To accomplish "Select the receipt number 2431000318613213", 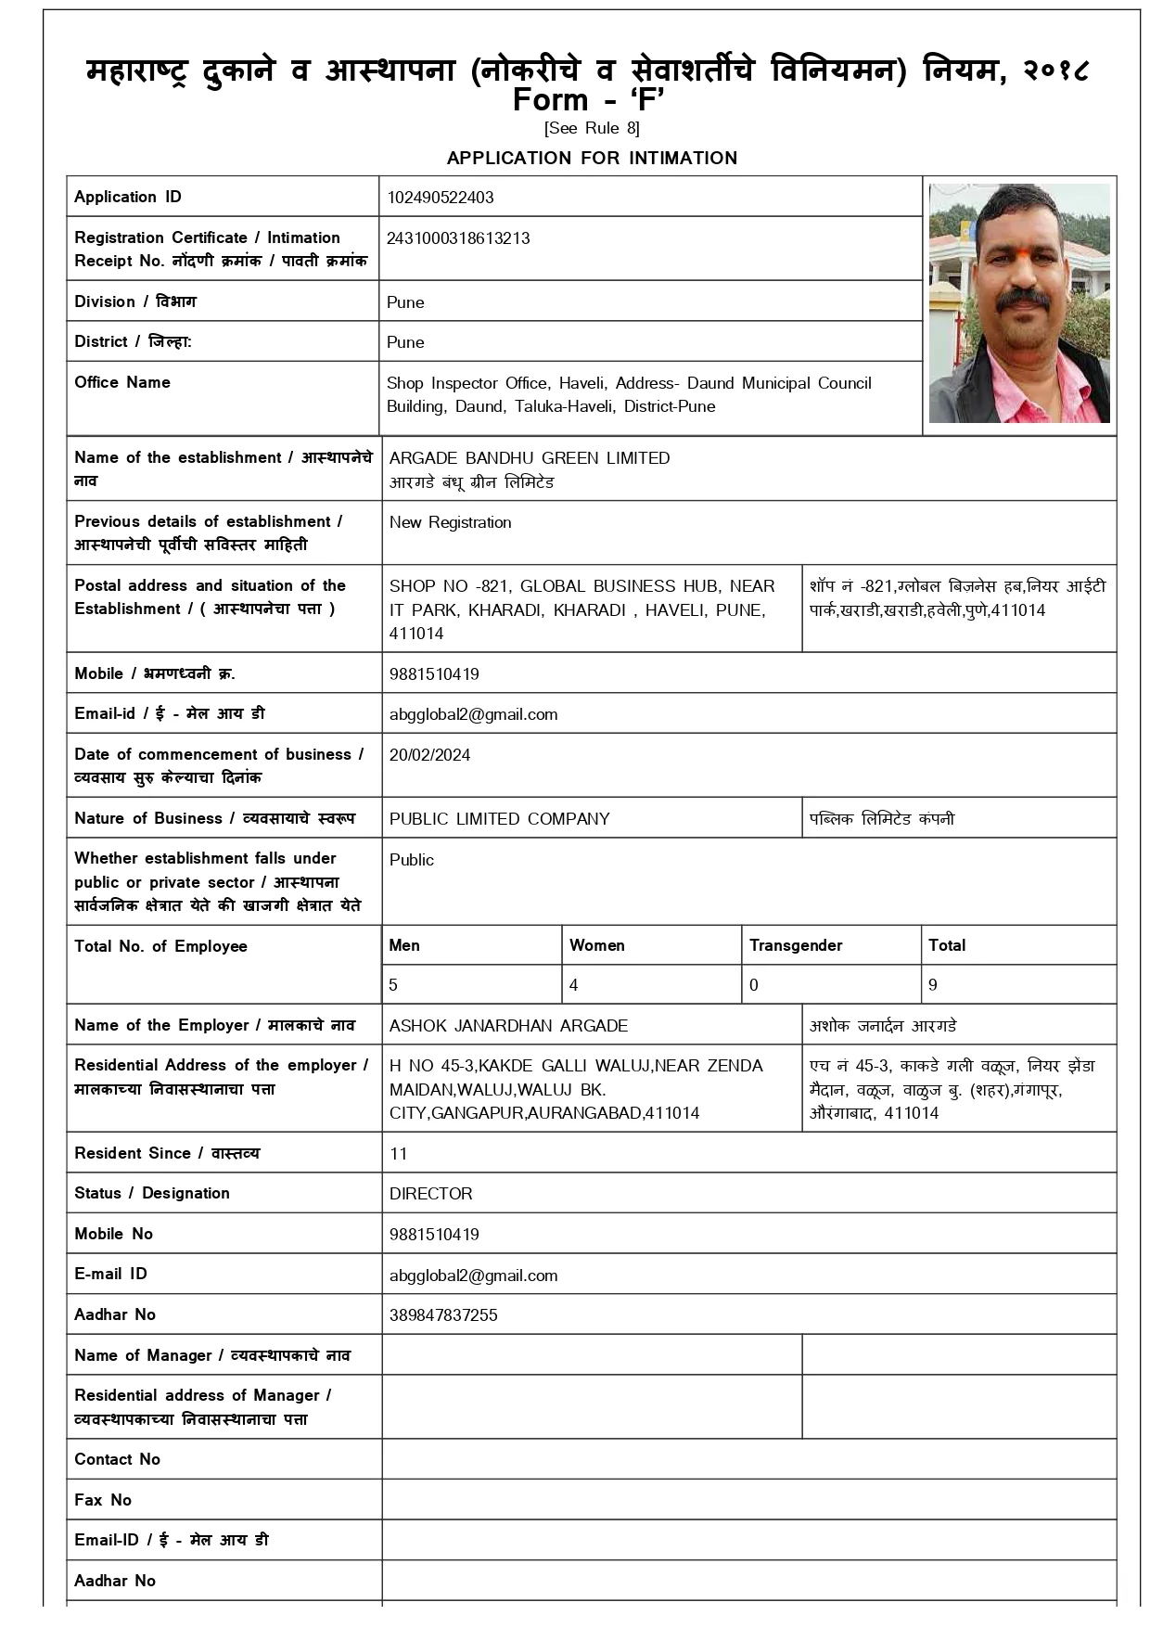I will [458, 238].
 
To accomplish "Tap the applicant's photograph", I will [1018, 303].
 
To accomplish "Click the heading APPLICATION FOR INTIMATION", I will [592, 158].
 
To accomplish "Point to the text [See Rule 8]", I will [592, 128].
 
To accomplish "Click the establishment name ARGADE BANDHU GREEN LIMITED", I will [529, 458].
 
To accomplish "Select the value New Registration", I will [450, 522].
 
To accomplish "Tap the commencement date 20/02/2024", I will [429, 755].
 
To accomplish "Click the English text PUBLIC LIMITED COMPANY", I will [499, 819].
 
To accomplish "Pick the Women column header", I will [596, 945].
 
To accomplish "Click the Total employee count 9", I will [933, 985].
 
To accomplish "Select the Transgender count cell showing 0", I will [754, 985].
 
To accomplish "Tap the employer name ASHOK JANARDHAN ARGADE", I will [508, 1026].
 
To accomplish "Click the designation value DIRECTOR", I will [430, 1194].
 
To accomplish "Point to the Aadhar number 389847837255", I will [443, 1315].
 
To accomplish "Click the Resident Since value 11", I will [399, 1154].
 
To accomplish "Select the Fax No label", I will [103, 1500].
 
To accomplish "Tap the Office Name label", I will [122, 382].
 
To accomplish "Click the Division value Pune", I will [405, 302].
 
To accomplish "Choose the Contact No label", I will [117, 1459].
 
